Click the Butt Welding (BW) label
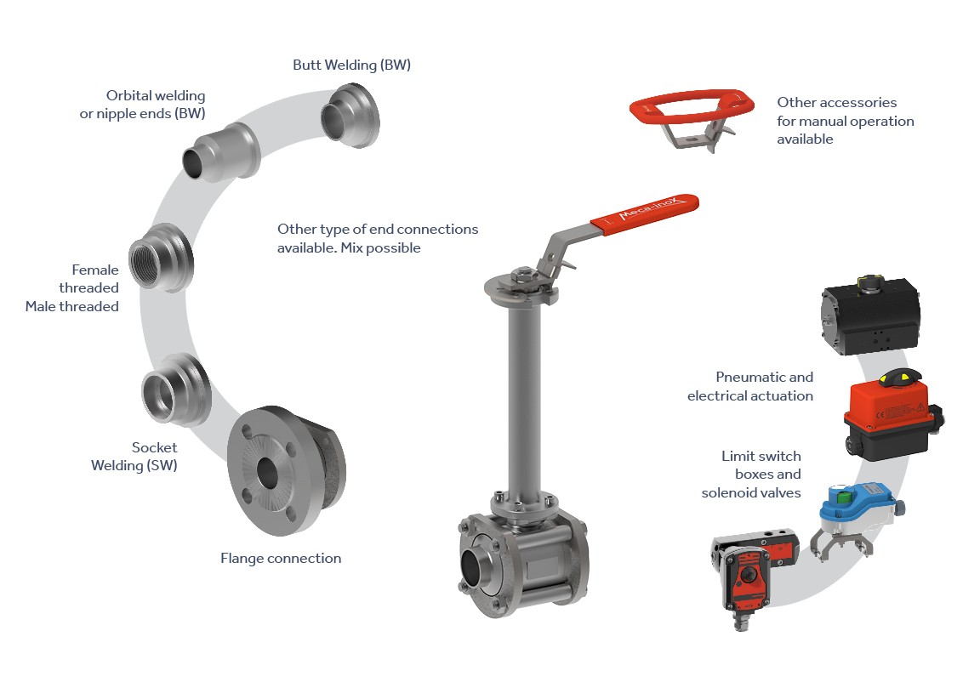(351, 65)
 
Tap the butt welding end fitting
(350, 116)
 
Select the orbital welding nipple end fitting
(220, 153)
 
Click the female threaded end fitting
(161, 258)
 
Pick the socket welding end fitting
(176, 390)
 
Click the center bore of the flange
(267, 473)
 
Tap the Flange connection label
(281, 559)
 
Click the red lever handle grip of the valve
(644, 213)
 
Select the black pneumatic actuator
(870, 315)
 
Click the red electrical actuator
(892, 415)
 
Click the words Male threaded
(71, 307)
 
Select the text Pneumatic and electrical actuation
(750, 387)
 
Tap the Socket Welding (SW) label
(134, 457)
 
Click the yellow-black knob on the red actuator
(900, 378)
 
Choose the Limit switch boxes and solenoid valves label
(750, 475)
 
